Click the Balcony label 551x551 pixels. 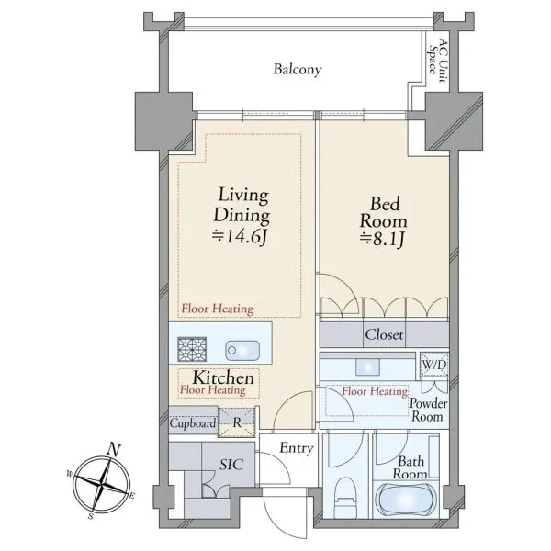[x=298, y=69]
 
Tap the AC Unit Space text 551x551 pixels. [x=438, y=61]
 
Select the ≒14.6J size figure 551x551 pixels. [x=241, y=237]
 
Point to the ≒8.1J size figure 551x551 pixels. [x=382, y=240]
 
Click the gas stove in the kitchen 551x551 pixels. [x=192, y=349]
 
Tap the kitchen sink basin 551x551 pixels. [x=242, y=351]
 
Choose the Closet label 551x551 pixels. [x=384, y=334]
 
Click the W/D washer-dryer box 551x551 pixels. [x=434, y=365]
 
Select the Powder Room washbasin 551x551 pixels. [x=367, y=367]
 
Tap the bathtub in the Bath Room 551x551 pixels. [x=406, y=500]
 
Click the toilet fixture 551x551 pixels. [x=346, y=497]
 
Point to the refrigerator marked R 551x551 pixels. [x=237, y=422]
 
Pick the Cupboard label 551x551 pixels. [x=193, y=422]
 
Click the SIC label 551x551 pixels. [x=231, y=465]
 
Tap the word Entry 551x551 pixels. [x=297, y=448]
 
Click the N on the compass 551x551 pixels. [x=114, y=449]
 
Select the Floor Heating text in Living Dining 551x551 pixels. [x=217, y=309]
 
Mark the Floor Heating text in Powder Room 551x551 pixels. [x=375, y=391]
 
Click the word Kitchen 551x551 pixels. [x=223, y=377]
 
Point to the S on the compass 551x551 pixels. [x=91, y=516]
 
